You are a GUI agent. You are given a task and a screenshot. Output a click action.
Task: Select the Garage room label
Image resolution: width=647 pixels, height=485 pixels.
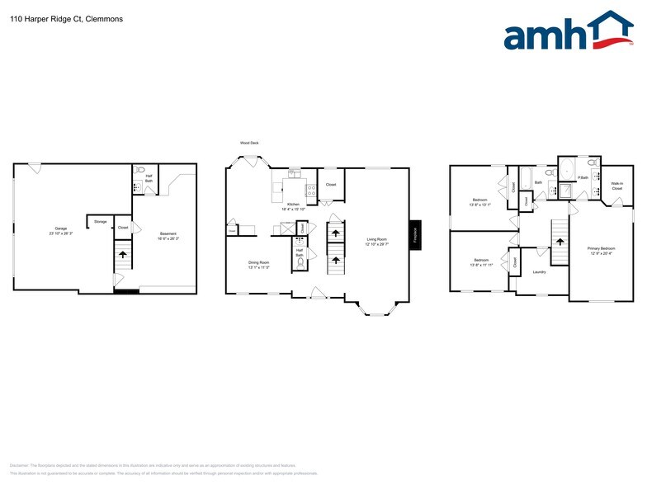(x=60, y=230)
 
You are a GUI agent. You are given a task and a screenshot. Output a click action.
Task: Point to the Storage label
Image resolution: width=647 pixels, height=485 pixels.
(x=100, y=221)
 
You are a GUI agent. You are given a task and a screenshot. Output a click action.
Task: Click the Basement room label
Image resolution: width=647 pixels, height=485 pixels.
(x=168, y=235)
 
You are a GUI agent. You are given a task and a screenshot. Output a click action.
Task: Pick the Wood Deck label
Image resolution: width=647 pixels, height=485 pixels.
(x=249, y=143)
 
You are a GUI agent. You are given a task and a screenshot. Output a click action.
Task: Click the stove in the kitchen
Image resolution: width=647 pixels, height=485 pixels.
(x=311, y=192)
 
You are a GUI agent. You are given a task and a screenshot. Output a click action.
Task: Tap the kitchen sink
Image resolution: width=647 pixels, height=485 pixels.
(x=294, y=173)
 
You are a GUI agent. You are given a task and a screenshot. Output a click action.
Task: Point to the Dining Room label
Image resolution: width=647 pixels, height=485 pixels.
(x=259, y=266)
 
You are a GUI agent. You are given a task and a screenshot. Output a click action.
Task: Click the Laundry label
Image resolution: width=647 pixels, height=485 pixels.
(x=539, y=271)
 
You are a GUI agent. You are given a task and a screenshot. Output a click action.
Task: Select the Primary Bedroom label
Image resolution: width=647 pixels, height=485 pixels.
(x=601, y=250)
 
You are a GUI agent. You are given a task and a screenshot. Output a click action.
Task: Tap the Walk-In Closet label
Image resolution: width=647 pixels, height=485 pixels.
(x=616, y=186)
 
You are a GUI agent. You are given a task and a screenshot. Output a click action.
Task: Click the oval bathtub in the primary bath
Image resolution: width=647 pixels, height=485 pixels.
(x=567, y=171)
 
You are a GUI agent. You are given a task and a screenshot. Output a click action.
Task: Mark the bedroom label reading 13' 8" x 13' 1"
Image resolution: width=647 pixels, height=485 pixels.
(x=480, y=203)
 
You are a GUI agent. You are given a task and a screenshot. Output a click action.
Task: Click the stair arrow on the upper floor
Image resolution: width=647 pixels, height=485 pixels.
(x=560, y=242)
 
